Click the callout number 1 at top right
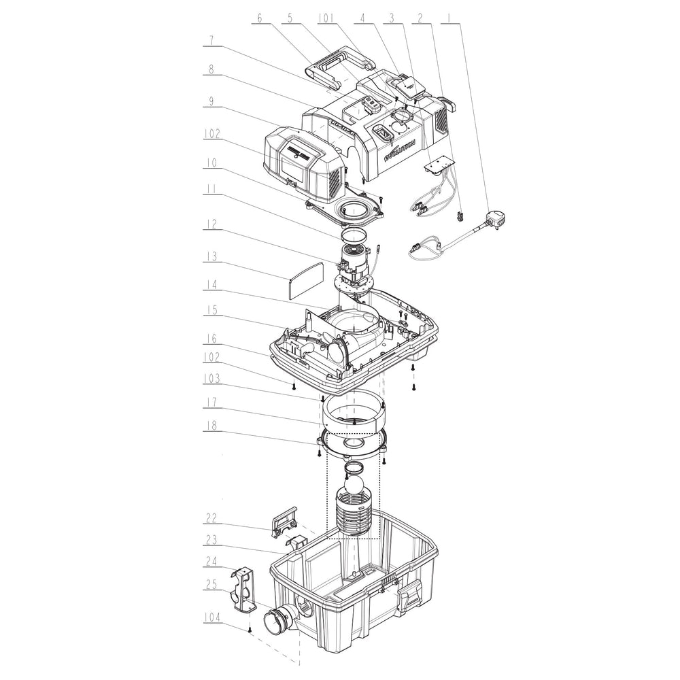click(x=448, y=19)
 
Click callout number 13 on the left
click(x=211, y=256)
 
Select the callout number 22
click(x=211, y=518)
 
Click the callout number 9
click(x=211, y=102)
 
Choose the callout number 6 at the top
click(x=259, y=19)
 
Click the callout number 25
click(x=211, y=583)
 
